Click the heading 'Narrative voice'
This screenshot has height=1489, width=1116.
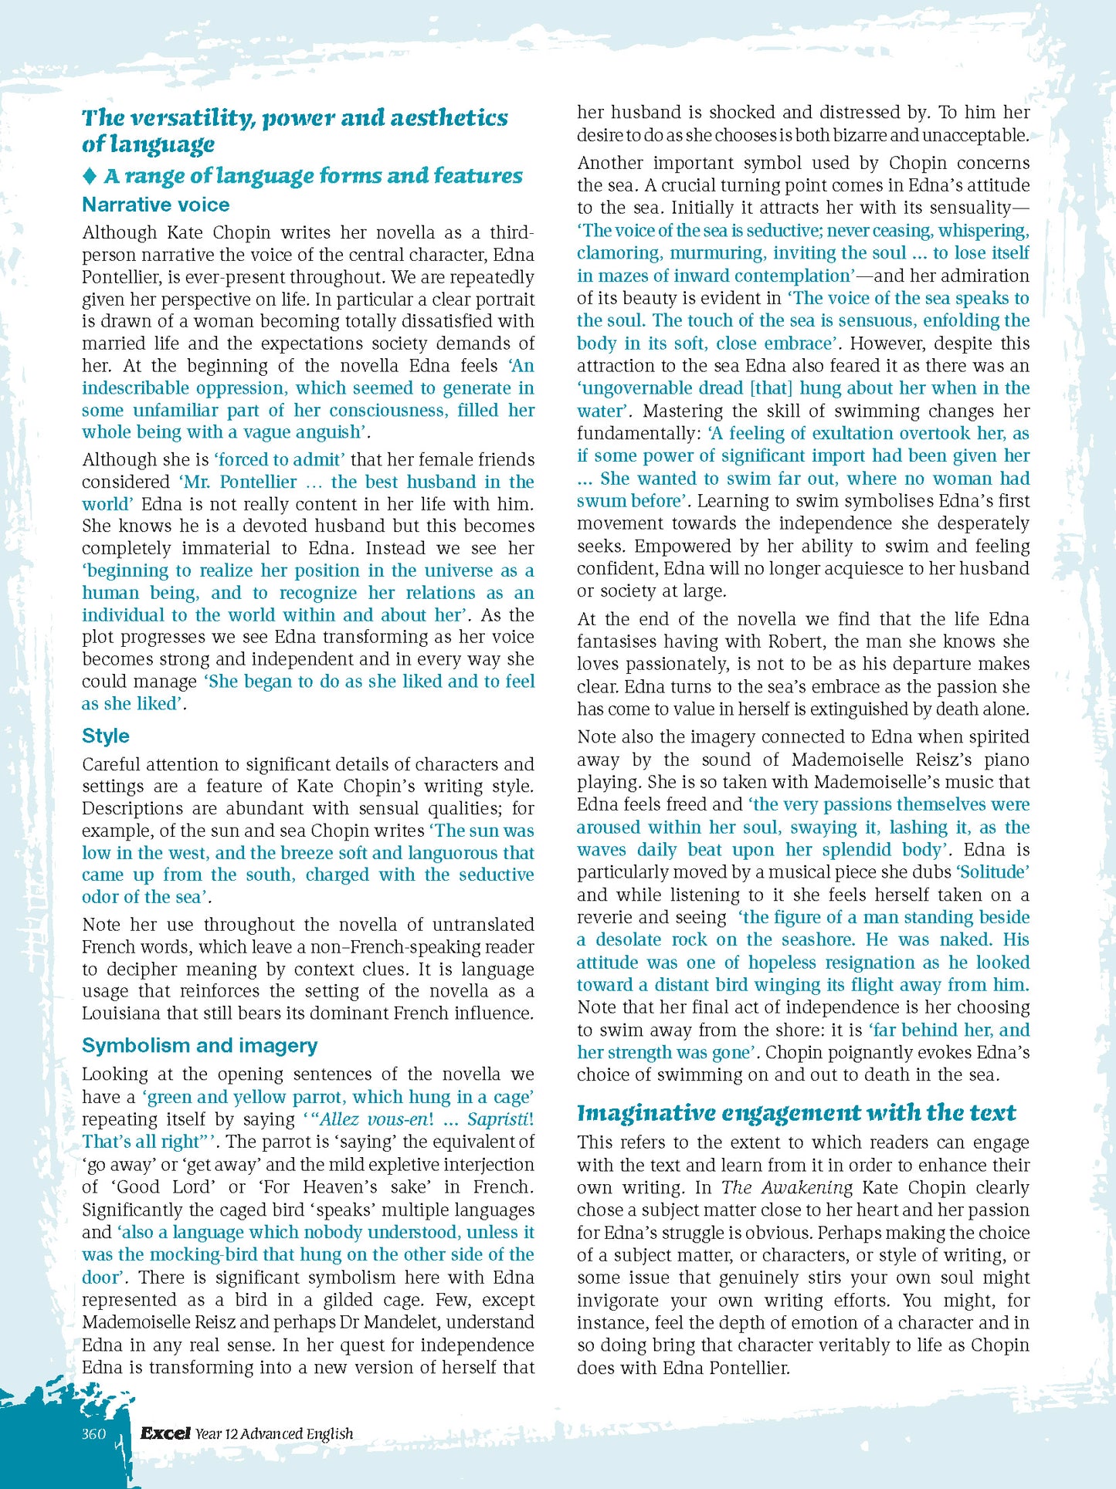(155, 205)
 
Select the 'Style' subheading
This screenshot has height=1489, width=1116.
(106, 736)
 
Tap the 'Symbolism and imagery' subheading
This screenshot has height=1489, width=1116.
(199, 1045)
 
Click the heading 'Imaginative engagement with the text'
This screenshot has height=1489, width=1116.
(796, 1112)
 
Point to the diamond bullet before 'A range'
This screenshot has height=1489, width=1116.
(90, 176)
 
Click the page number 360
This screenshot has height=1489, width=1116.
(93, 1433)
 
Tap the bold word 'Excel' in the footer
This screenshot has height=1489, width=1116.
(165, 1433)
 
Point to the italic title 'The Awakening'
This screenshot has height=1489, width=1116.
(787, 1187)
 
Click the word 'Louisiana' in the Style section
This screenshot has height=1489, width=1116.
(124, 1013)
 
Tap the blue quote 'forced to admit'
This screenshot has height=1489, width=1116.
(280, 459)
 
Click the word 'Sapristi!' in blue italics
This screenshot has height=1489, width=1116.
(500, 1119)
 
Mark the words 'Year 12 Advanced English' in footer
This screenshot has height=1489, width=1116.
(274, 1434)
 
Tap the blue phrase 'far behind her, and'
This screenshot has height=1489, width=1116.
(949, 1030)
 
